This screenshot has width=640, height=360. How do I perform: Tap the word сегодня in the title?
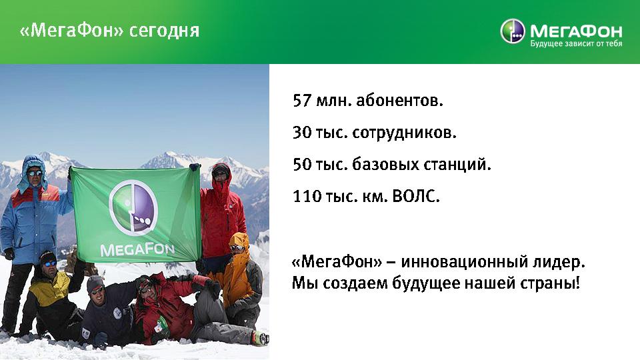165,31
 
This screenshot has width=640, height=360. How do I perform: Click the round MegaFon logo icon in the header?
512,31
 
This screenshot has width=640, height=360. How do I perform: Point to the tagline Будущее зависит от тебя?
576,44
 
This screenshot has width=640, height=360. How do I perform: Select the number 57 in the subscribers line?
302,101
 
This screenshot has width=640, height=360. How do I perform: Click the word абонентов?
399,101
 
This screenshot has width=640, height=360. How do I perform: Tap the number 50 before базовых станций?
303,165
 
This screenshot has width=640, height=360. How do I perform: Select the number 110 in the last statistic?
307,196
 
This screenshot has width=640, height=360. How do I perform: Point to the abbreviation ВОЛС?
415,196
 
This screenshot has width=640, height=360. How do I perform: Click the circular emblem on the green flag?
133,208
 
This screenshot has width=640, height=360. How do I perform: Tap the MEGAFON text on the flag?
137,249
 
